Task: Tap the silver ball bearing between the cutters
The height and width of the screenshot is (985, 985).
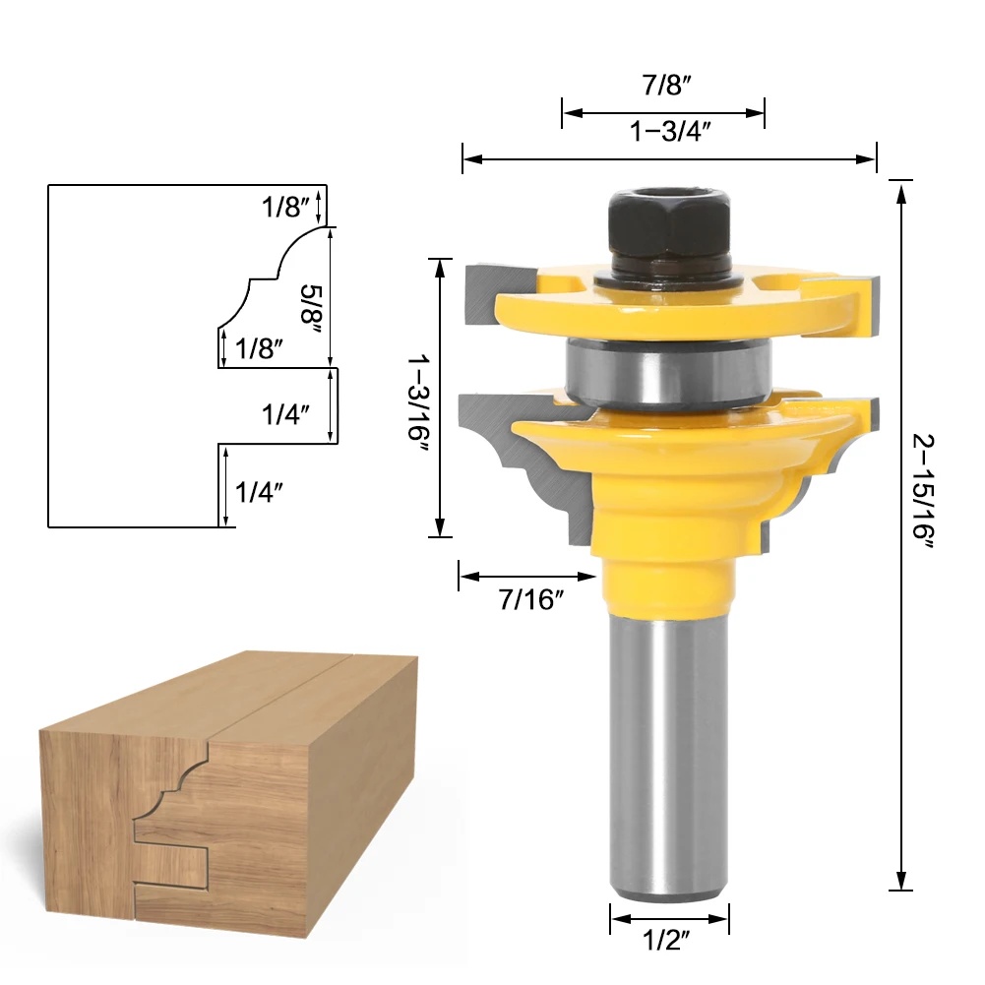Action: pos(669,370)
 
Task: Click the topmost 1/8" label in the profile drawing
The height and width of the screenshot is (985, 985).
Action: pos(285,208)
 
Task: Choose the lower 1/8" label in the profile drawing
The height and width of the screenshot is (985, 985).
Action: pos(259,347)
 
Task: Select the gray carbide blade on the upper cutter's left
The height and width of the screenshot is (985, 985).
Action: pos(482,295)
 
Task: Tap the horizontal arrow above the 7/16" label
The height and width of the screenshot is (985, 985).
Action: pos(528,577)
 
